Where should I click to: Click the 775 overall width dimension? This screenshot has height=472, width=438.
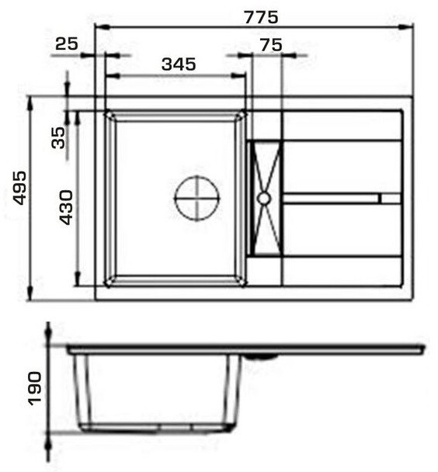coord(261,17)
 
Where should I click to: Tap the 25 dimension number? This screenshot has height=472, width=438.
coord(67,43)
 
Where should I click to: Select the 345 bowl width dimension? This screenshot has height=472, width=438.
coord(179,64)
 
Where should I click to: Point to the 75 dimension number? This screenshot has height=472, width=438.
coord(271,45)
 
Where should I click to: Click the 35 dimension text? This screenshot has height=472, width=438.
coord(58,138)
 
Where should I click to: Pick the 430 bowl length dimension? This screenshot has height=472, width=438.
coord(66,207)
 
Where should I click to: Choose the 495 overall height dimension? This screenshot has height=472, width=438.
coord(21,188)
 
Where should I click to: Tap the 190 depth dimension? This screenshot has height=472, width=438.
coord(34,389)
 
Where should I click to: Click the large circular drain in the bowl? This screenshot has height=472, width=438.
coord(197,198)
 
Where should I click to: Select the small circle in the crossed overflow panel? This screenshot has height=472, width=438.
coord(264,199)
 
